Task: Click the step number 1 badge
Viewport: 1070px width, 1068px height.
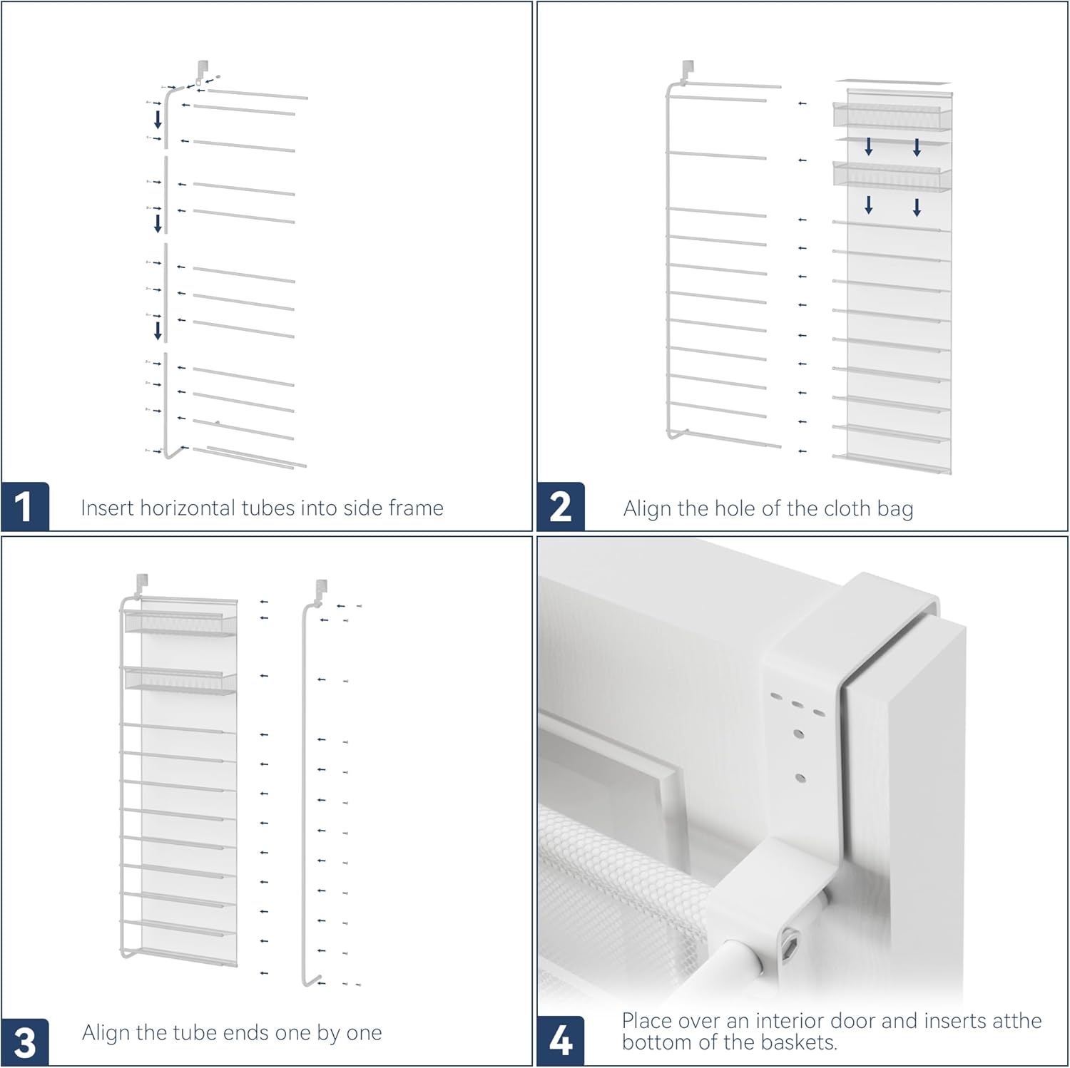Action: pos(25,507)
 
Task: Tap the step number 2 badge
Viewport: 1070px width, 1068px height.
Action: pos(561,507)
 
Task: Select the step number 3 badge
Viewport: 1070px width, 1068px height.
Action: pos(25,1042)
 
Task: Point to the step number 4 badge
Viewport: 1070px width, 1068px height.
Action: pos(561,1041)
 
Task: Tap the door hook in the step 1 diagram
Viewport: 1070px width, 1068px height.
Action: pos(203,68)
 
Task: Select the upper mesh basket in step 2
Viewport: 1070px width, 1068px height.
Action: pos(892,116)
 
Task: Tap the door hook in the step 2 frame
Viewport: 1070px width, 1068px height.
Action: pos(688,69)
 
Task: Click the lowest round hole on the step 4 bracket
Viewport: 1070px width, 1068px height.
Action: pos(800,778)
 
